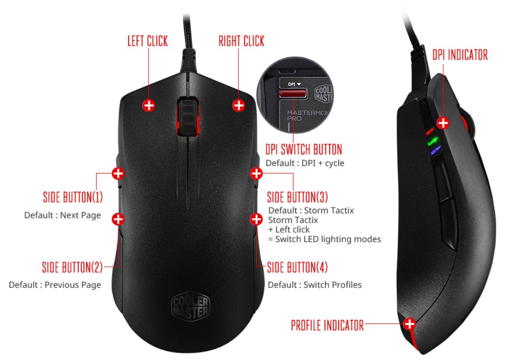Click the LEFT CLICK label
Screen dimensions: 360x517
pyautogui.click(x=148, y=41)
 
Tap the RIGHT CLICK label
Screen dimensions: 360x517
pyautogui.click(x=241, y=41)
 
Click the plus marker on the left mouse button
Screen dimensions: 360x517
pyautogui.click(x=149, y=105)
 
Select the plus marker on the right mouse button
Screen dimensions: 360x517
pyautogui.click(x=239, y=105)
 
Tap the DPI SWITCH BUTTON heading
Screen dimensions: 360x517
pyautogui.click(x=303, y=150)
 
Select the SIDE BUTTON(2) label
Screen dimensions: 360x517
pyautogui.click(x=72, y=267)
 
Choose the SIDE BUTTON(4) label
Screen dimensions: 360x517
pyautogui.click(x=298, y=267)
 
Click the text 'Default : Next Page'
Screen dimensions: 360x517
pyautogui.click(x=62, y=215)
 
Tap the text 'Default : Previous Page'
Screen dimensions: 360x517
pyautogui.click(x=55, y=285)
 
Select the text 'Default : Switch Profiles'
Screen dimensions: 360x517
pyautogui.click(x=315, y=285)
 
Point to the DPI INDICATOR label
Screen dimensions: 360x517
pyautogui.click(x=460, y=55)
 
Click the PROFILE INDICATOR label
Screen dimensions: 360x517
pyautogui.click(x=327, y=325)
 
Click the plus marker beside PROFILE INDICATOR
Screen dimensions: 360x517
pyautogui.click(x=410, y=324)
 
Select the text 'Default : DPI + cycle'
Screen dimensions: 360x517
pyautogui.click(x=305, y=163)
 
